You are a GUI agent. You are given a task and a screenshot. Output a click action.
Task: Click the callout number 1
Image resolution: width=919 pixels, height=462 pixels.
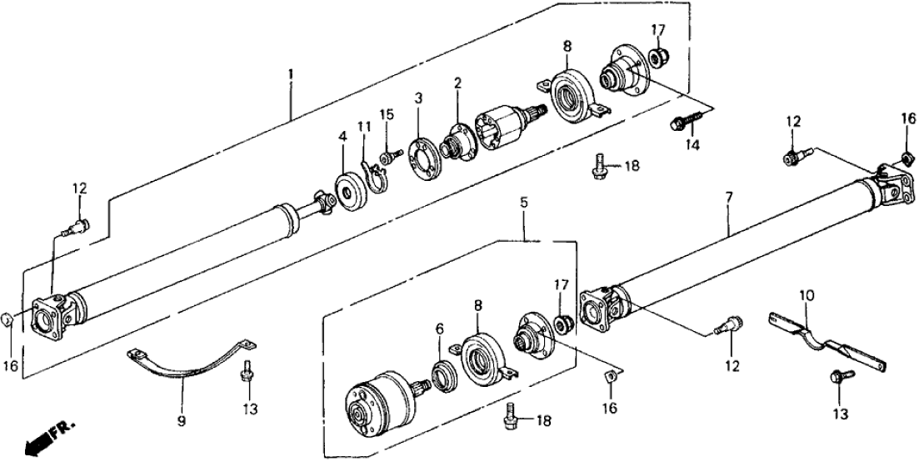click(290, 74)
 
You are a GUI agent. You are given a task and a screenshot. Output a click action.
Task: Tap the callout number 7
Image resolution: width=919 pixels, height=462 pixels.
click(728, 198)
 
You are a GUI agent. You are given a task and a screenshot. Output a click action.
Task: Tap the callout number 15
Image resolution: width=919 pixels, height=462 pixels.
click(385, 113)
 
